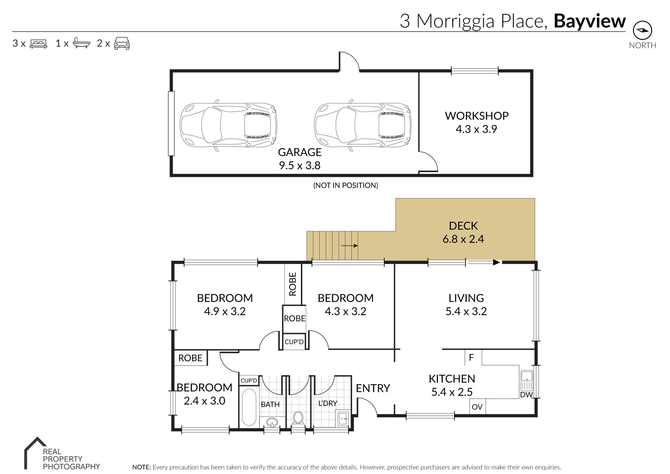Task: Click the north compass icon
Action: (x=642, y=30)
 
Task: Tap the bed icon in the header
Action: (x=38, y=44)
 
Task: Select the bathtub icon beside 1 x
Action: (x=81, y=43)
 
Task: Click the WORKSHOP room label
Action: (x=477, y=116)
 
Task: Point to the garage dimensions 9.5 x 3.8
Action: (x=300, y=165)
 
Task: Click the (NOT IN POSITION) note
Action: (x=345, y=185)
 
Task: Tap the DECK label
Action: (x=463, y=226)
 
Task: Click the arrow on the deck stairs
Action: (x=349, y=246)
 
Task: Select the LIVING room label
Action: (x=466, y=298)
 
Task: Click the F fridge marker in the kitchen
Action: (x=471, y=357)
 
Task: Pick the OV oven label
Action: (x=477, y=407)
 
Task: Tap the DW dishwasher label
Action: (x=526, y=395)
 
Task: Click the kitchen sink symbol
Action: (x=527, y=380)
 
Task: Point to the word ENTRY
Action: (x=373, y=388)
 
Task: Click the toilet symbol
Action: (x=298, y=418)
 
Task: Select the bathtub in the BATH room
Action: (x=249, y=407)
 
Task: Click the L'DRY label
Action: (x=328, y=403)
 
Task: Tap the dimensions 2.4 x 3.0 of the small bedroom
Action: (x=204, y=401)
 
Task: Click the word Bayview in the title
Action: (x=590, y=21)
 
